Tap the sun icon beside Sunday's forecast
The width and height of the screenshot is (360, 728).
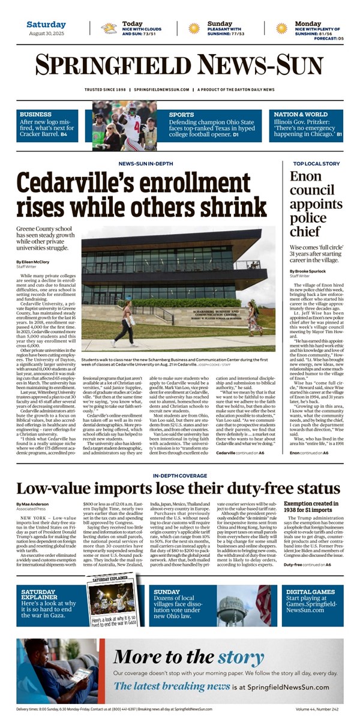click(x=194, y=28)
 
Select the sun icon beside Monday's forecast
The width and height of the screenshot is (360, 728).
click(x=281, y=28)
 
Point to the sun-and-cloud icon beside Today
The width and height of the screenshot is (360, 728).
click(x=109, y=28)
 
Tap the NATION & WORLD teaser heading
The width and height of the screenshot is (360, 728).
click(x=301, y=114)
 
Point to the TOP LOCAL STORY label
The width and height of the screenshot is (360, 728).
click(x=316, y=163)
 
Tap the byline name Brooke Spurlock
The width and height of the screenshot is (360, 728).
click(x=310, y=271)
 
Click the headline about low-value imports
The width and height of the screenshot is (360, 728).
click(x=178, y=488)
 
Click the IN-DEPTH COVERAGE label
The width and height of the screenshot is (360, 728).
click(x=178, y=475)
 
